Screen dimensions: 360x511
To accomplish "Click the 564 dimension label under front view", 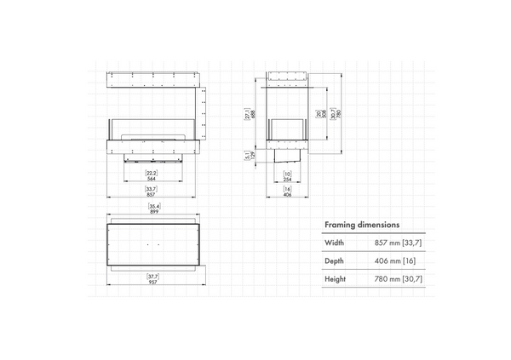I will tap(150, 180).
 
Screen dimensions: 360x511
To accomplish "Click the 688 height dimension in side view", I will tap(247, 117).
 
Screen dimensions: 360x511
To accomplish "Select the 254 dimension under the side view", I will tap(287, 180).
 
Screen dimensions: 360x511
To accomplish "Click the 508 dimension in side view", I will tap(319, 117).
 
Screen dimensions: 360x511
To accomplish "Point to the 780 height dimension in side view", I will tap(336, 117).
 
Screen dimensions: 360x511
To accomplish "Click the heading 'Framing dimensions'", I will tap(363, 225).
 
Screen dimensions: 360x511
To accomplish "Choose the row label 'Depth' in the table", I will tap(335, 260).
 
